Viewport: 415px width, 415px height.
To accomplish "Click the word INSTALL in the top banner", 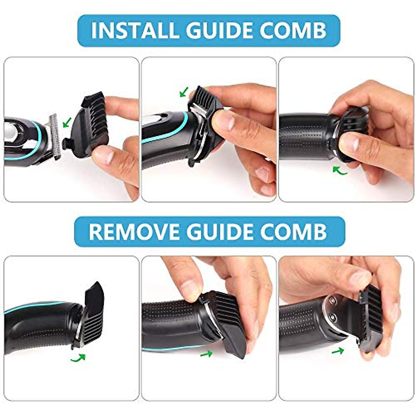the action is [135, 31].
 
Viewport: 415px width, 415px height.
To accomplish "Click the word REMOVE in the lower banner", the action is [134, 231].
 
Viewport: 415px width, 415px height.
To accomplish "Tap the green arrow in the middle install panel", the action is [184, 92].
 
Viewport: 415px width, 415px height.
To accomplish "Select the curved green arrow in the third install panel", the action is [340, 171].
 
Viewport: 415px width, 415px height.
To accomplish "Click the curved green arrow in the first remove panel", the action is [79, 358].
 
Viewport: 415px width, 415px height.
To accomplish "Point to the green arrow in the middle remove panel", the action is [206, 353].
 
